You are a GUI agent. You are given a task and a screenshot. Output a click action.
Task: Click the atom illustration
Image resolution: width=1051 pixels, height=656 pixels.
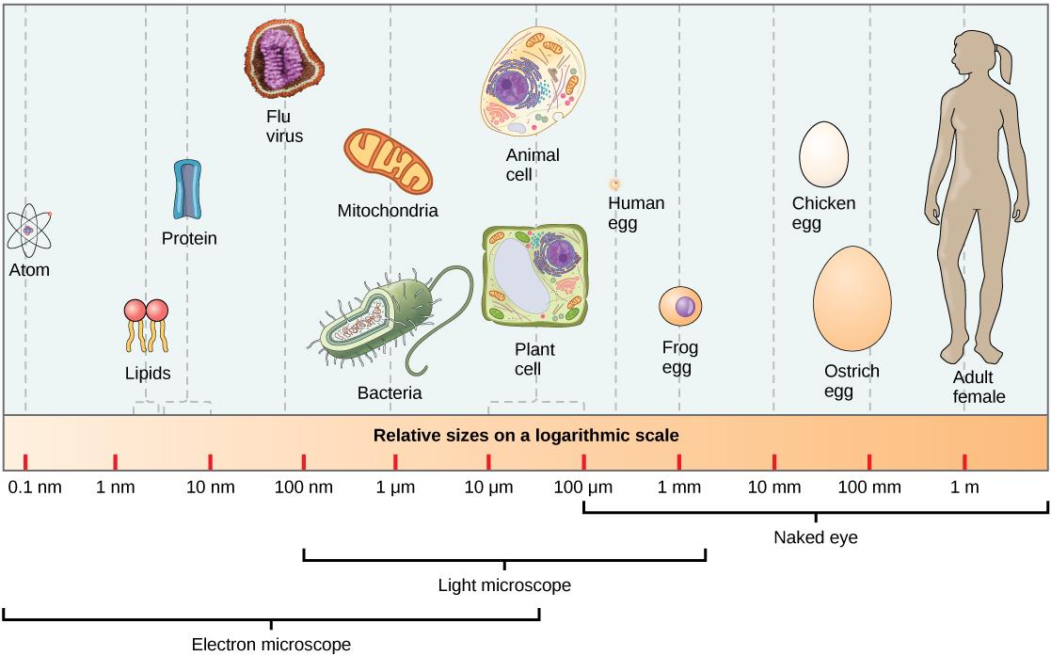(29, 231)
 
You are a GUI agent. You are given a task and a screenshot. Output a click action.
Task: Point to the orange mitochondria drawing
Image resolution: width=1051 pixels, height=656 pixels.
(388, 165)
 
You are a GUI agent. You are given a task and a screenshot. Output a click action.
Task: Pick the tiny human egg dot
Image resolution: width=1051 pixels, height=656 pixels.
(614, 184)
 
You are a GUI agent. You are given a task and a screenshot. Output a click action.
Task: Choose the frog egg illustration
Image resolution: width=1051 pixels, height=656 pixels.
(681, 309)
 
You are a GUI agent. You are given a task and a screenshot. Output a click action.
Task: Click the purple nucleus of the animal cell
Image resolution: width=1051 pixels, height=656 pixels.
(515, 90)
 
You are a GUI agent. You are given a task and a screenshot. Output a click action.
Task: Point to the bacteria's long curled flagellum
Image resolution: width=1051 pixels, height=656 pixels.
(442, 320)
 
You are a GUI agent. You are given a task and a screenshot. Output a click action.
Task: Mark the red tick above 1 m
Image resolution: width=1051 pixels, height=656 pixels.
(964, 461)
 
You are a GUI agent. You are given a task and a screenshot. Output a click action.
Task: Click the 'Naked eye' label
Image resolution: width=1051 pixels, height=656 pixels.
(815, 538)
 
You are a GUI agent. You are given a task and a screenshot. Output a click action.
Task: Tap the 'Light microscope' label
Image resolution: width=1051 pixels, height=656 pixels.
(504, 585)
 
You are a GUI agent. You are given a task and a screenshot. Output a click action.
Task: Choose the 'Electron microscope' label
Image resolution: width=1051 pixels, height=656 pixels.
(271, 645)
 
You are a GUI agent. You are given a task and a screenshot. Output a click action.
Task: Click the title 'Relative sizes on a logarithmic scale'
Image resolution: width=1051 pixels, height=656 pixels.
(526, 437)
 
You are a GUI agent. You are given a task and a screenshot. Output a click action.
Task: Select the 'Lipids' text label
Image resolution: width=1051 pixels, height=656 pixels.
(148, 374)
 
